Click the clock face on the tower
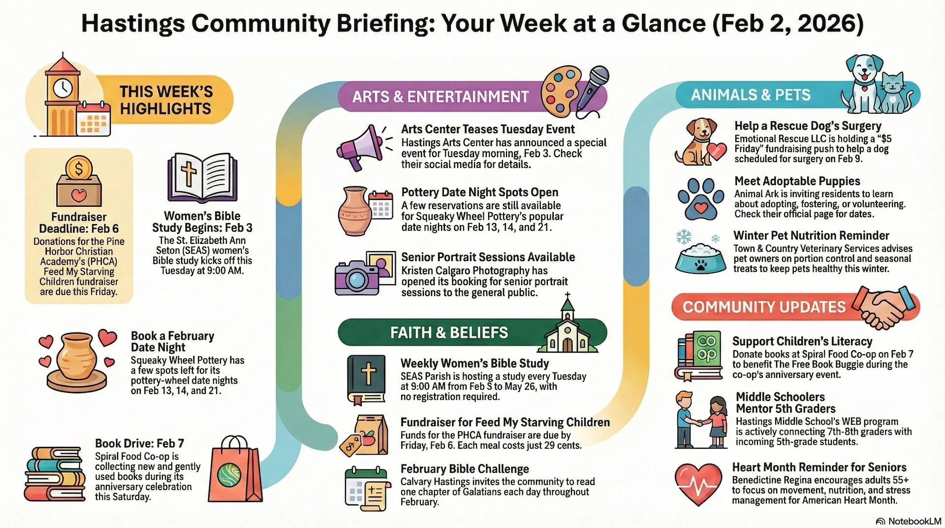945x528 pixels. point(63,89)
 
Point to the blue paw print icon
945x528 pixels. point(700,198)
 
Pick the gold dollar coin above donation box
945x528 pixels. point(78,168)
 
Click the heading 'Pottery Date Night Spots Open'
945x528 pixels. point(479,192)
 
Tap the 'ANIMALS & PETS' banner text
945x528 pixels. point(751,95)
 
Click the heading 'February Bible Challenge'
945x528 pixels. point(465,468)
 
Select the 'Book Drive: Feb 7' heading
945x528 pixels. point(139,443)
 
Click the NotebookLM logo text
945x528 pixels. point(914,521)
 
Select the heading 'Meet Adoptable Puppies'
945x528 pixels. point(797,181)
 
